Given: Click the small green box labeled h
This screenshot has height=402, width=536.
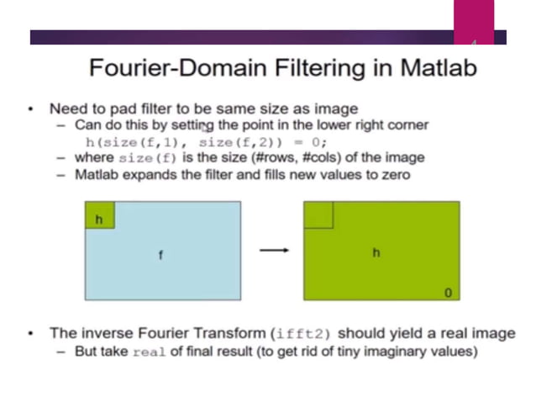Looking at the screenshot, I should click(99, 218).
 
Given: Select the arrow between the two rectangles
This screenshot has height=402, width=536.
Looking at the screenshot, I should click(271, 250).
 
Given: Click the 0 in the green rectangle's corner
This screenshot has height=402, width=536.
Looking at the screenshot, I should click(447, 294).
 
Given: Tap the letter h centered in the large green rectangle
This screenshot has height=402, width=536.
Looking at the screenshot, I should click(376, 252).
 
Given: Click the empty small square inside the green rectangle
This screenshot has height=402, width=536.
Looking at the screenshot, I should click(318, 216).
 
